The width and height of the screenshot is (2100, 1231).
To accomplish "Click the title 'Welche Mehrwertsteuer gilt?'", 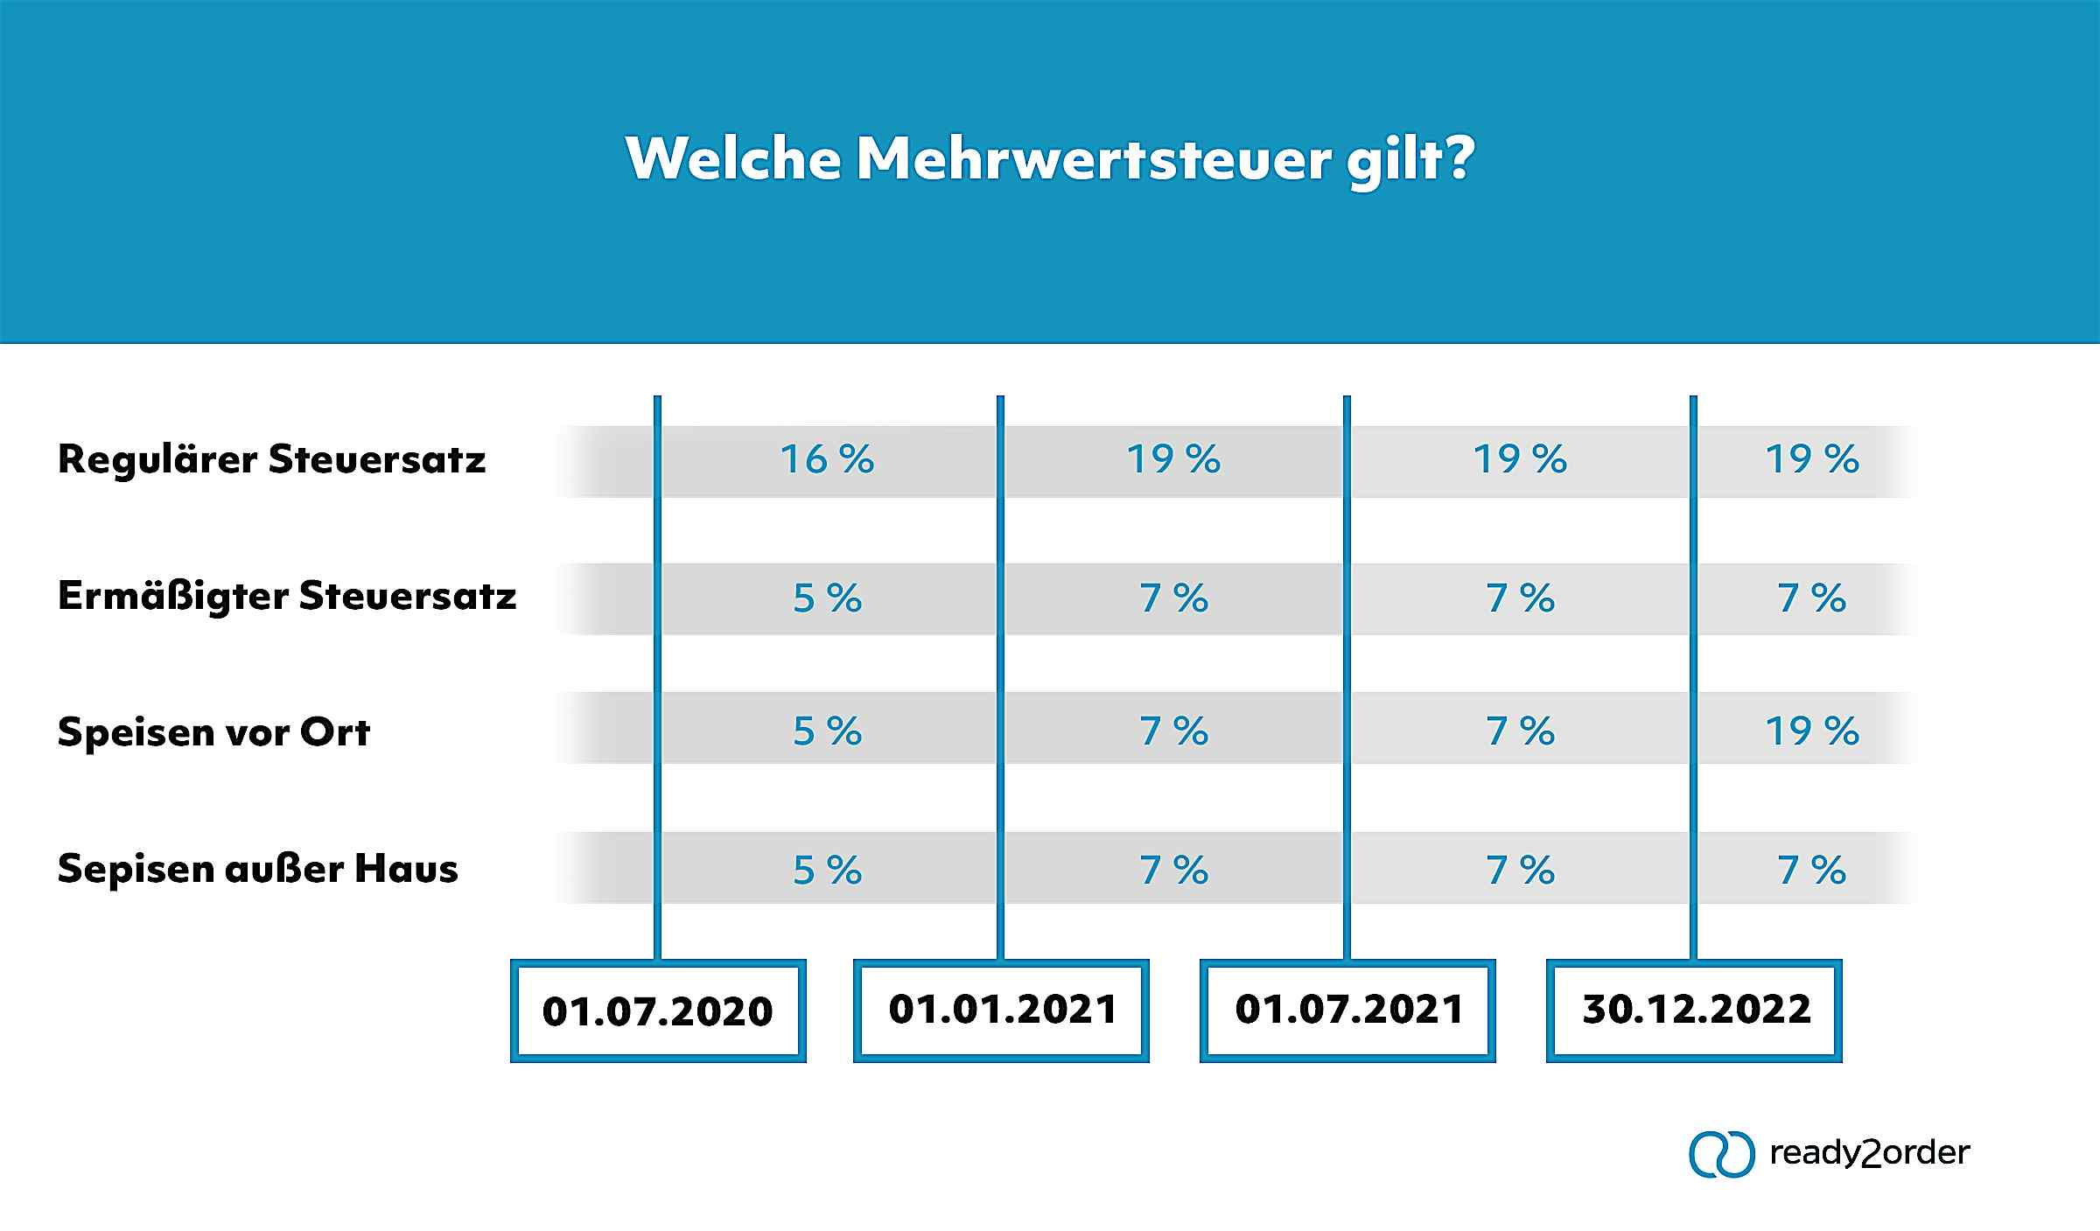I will coord(1049,159).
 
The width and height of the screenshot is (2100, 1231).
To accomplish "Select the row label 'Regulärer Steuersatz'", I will coord(271,459).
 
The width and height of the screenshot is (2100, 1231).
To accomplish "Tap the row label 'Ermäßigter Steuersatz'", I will coord(287,597).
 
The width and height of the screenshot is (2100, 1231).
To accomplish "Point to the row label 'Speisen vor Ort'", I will coord(213,731).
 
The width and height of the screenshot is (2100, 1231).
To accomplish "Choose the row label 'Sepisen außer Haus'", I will coord(257,869).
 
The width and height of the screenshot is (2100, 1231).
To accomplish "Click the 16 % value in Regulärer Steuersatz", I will coord(827,459).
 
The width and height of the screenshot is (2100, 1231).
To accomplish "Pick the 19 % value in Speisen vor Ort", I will coord(1811,731).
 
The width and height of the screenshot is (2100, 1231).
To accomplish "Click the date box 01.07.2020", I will coord(658,1011).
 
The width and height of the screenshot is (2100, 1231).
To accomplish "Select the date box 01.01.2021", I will coord(1002,1010).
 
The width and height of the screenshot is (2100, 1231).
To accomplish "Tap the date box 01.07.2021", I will coord(1348,1010).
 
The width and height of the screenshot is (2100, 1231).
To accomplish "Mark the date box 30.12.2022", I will coord(1695,1010).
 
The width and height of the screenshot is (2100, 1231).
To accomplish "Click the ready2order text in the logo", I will coord(1869,1153).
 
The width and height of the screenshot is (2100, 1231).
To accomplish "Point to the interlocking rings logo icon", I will coord(1721,1154).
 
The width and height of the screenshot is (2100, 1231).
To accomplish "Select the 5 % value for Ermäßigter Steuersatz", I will coord(827,598).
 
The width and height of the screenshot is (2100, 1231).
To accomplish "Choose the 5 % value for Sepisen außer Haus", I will coord(827,871).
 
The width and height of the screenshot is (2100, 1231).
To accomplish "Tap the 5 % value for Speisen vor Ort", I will coord(827,731).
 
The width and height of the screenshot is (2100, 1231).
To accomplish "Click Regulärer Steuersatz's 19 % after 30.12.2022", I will coord(1811,459).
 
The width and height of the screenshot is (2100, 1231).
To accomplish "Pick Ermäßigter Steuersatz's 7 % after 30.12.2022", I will coord(1811,598).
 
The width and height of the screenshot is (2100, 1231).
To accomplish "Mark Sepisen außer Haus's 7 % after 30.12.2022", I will coord(1811,871).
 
